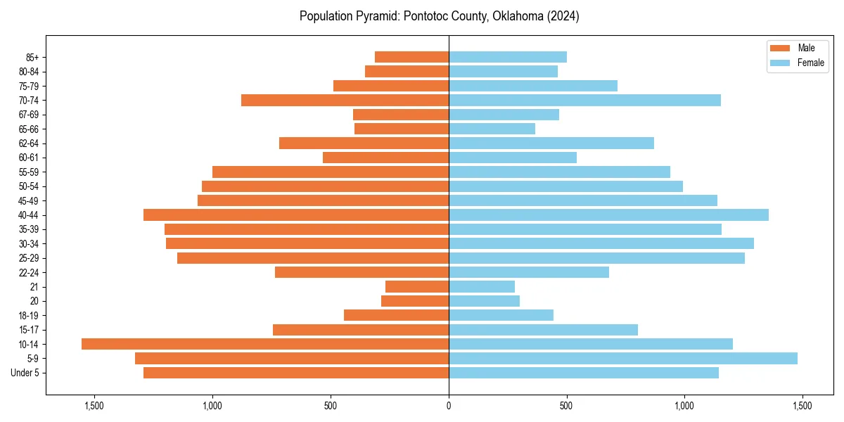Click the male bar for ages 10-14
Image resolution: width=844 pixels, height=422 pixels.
click(265, 344)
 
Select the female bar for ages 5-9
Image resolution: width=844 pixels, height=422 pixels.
click(623, 358)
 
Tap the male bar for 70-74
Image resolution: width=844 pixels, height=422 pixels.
click(345, 101)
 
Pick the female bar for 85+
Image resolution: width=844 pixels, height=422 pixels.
click(508, 57)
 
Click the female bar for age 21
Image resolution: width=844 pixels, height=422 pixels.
click(482, 286)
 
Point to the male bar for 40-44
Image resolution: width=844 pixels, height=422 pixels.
click(296, 215)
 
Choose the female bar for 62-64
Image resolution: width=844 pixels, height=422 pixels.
click(551, 143)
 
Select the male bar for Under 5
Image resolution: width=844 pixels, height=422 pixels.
click(296, 373)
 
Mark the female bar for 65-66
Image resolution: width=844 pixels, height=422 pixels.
click(492, 129)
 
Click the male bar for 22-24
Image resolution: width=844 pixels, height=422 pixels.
click(362, 272)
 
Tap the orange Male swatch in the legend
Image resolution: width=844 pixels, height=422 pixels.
click(780, 48)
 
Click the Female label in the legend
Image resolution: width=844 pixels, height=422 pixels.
click(810, 63)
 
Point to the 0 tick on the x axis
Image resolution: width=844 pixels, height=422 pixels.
click(449, 406)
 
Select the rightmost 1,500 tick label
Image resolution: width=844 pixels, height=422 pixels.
click(803, 406)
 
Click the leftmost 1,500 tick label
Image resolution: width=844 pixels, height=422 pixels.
click(94, 406)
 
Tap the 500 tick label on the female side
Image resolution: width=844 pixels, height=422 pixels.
click(566, 406)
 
